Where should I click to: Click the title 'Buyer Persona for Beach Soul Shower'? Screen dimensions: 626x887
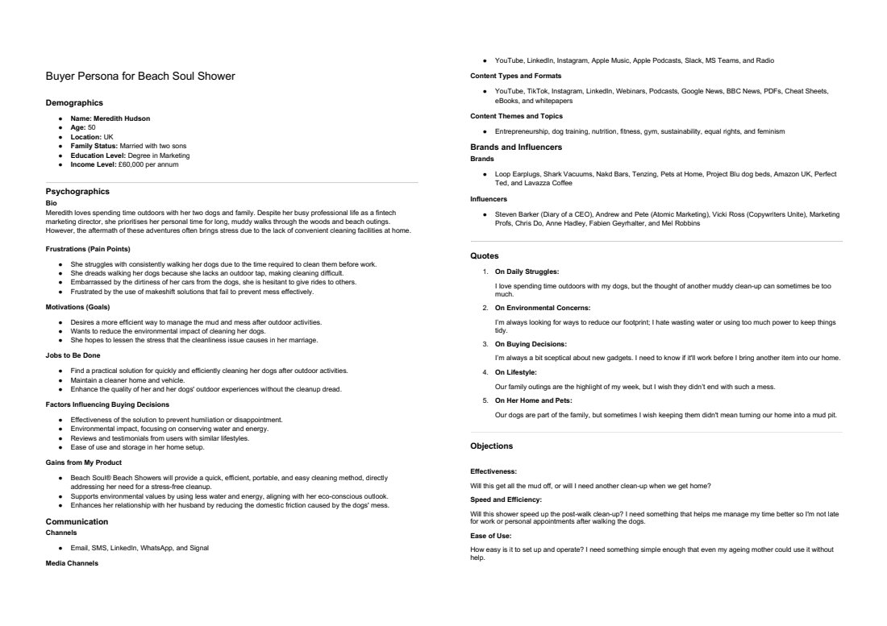pyautogui.click(x=140, y=76)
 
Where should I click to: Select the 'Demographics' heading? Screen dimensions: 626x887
pyautogui.click(x=74, y=102)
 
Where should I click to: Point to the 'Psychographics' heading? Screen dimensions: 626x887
pyautogui.click(x=77, y=191)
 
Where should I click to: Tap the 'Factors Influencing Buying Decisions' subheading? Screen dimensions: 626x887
pyautogui.click(x=107, y=404)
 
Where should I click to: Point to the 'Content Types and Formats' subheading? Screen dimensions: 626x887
pyautogui.click(x=515, y=76)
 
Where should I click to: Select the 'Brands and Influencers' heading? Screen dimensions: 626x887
pyautogui.click(x=516, y=147)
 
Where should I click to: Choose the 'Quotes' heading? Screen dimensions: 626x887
pyautogui.click(x=484, y=255)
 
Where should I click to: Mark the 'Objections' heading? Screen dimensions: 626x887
pyautogui.click(x=491, y=446)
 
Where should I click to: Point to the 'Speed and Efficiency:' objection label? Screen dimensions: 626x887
pyautogui.click(x=506, y=500)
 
